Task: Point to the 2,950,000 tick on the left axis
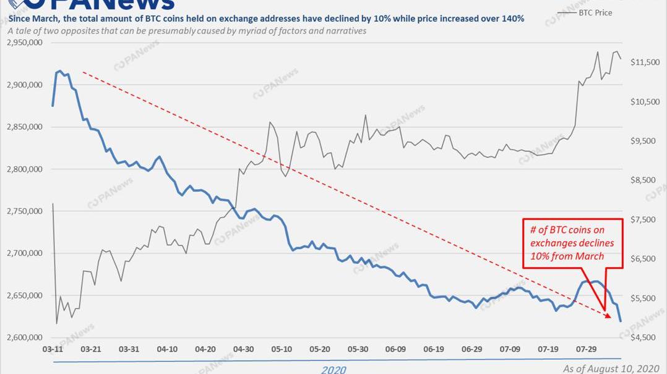point(24,43)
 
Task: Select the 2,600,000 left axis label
point(24,338)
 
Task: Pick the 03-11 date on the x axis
point(53,349)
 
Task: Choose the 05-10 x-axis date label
point(282,349)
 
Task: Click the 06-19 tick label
point(434,349)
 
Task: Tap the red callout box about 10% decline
point(572,242)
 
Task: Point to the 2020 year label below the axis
point(333,370)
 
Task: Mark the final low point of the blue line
point(621,321)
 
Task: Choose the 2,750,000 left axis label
point(24,211)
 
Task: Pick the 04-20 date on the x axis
point(205,349)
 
